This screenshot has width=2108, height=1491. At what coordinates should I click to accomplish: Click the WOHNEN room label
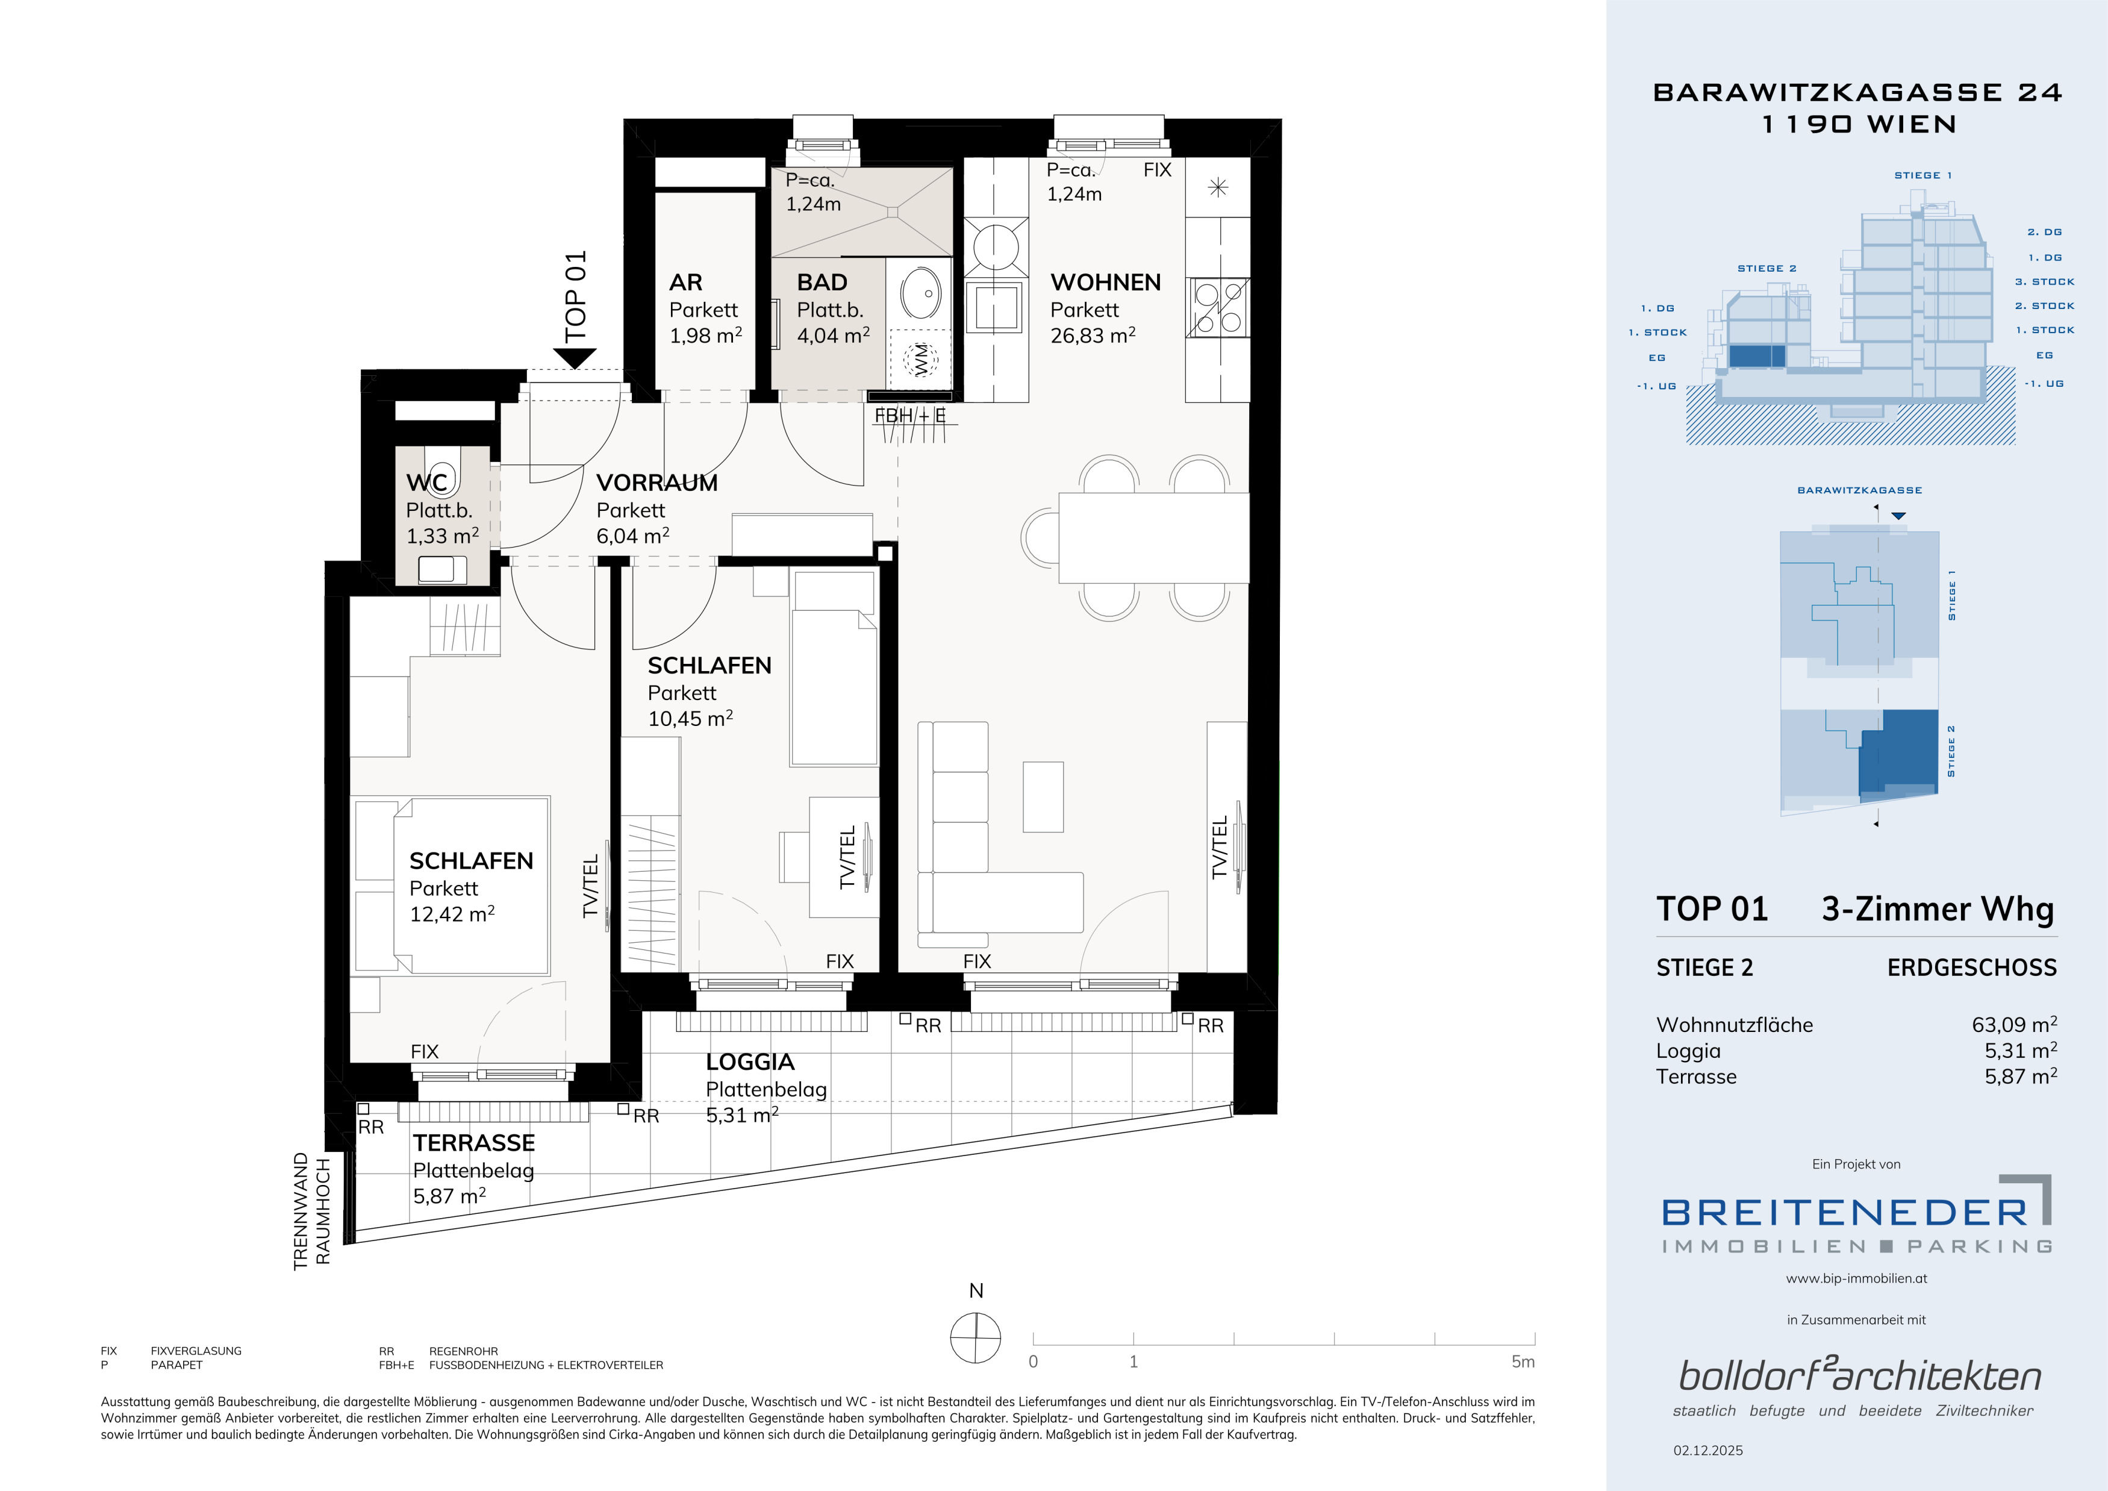click(x=1105, y=282)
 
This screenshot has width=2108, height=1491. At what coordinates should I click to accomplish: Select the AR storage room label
click(x=686, y=282)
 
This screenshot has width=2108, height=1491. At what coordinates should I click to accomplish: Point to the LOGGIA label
click(x=750, y=1062)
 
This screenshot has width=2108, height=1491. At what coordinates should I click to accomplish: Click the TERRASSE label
click(x=474, y=1143)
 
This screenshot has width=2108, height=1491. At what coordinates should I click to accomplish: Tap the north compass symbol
click(x=976, y=1337)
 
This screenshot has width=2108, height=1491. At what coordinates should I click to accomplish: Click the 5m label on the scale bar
click(x=1522, y=1361)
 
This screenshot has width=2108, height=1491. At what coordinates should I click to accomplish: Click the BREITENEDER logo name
click(x=1844, y=1213)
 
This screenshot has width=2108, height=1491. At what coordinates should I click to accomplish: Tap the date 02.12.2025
click(x=1707, y=1451)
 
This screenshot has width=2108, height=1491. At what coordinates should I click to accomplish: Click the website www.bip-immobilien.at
click(x=1856, y=1278)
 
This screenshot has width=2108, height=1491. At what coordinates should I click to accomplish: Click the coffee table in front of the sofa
click(x=1043, y=797)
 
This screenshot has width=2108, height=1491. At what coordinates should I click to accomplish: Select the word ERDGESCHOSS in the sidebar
click(x=1972, y=967)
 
